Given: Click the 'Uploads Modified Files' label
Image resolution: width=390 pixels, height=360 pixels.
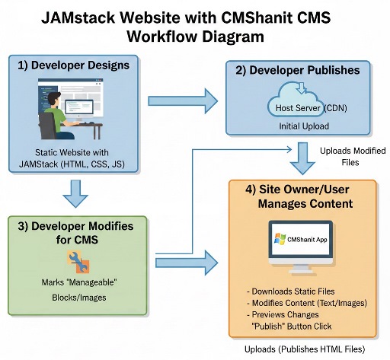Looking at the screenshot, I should coord(347,155).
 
